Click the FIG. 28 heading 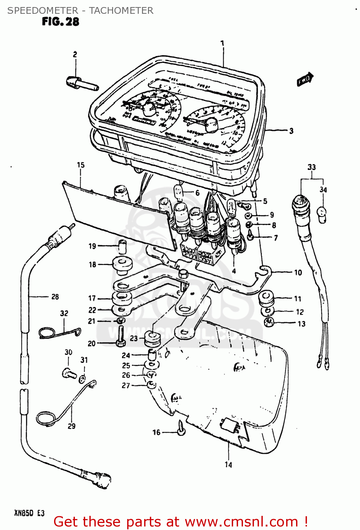60,22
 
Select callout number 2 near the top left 75,54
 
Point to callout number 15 81,165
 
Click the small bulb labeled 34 322,214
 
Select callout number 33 311,167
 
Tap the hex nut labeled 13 269,322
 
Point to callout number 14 228,465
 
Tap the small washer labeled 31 82,379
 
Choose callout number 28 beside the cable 55,297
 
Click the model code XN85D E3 29,513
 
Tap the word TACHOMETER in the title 121,11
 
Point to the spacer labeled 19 122,246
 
